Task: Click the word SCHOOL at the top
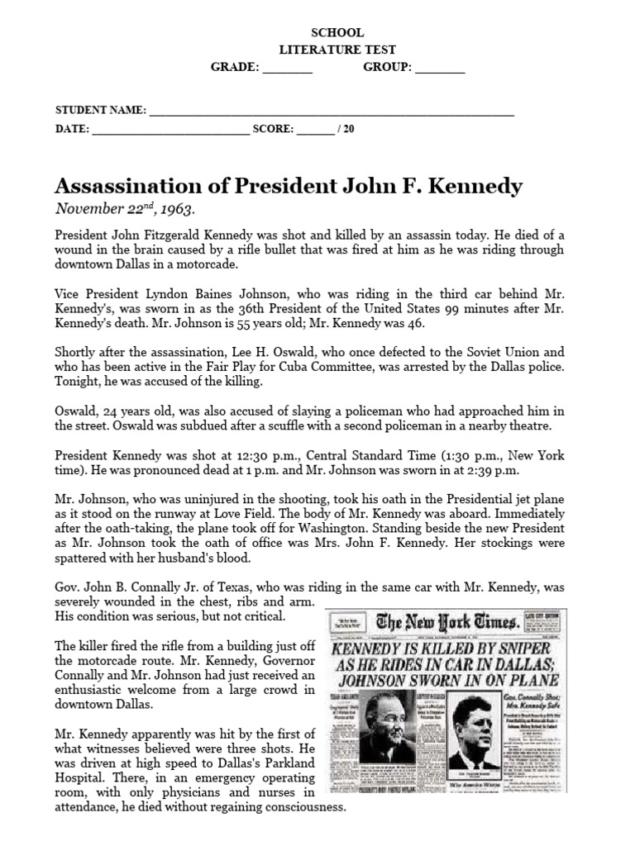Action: click(x=337, y=33)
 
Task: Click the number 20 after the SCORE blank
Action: click(x=348, y=129)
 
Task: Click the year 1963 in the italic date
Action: click(x=177, y=208)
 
